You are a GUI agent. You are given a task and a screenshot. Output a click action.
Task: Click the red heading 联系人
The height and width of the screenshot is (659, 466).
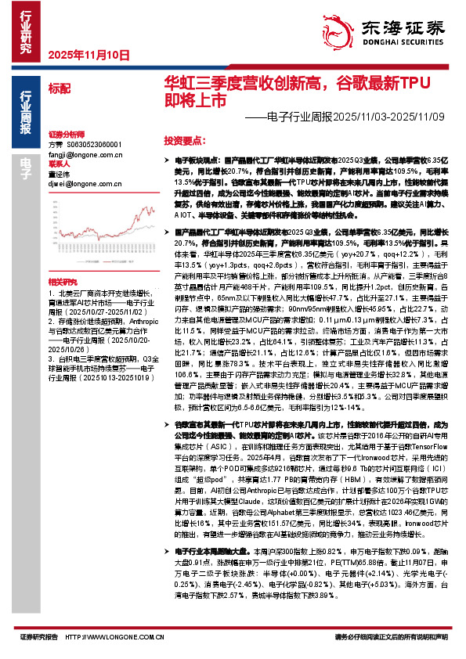(x=59, y=165)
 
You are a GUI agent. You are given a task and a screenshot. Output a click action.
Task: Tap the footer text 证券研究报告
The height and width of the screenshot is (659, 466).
(x=36, y=636)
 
